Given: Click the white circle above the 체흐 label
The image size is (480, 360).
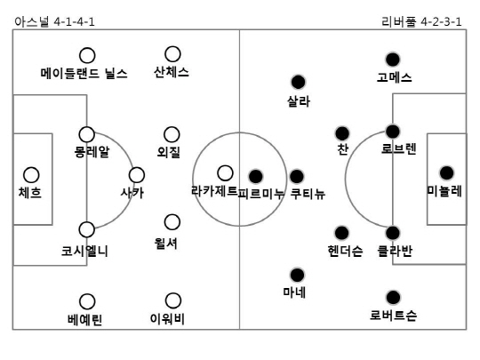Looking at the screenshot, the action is [x=31, y=175].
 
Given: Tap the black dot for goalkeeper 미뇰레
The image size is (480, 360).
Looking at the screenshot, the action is [x=446, y=173].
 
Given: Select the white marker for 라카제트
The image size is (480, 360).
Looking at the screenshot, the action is [x=225, y=173].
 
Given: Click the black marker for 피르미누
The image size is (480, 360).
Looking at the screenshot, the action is [x=256, y=176].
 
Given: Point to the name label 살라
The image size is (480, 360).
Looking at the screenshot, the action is [x=299, y=101].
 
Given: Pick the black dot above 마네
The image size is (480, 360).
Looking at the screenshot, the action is [x=297, y=275].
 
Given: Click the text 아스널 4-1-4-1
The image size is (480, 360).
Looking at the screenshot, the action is [x=54, y=21].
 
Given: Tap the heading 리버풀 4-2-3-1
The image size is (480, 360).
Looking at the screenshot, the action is [x=421, y=21].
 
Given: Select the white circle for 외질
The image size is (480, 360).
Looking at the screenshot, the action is [x=172, y=135].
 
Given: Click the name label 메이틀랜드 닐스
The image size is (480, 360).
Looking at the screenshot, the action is [x=84, y=74].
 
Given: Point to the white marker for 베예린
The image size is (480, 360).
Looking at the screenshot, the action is [x=87, y=301].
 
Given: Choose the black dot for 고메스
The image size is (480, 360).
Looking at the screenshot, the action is [x=393, y=60].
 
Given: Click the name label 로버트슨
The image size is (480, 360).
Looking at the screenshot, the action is [x=393, y=315].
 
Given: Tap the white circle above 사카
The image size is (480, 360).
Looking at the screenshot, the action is [x=137, y=175].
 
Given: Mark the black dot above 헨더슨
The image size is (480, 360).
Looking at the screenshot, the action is [x=341, y=233].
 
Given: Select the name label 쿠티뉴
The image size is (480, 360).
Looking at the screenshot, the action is [x=308, y=194].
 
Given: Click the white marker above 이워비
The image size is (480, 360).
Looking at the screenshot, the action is [x=173, y=300].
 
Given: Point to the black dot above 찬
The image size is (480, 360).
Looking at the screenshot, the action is [x=342, y=133].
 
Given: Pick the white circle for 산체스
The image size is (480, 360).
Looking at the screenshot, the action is [x=172, y=54].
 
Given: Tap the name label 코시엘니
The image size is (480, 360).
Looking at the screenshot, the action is [x=84, y=251].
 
